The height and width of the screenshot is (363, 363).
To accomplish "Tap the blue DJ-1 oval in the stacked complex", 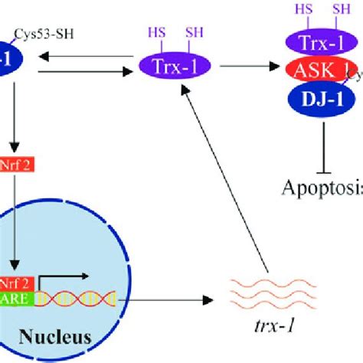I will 310,98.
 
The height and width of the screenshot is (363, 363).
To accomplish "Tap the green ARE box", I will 18,300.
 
